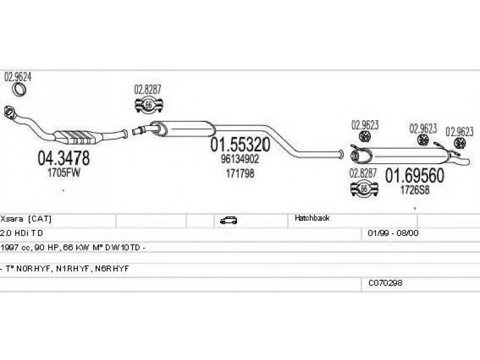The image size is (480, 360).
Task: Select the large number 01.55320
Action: pyautogui.click(x=239, y=145)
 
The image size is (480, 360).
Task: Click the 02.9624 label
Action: pyautogui.click(x=18, y=77)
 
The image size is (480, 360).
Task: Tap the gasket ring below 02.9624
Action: pyautogui.click(x=20, y=90)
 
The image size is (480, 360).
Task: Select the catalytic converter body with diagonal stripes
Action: pyautogui.click(x=76, y=136)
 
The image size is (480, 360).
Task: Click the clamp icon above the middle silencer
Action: pyautogui.click(x=148, y=107)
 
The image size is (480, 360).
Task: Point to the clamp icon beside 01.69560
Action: pyautogui.click(x=363, y=190)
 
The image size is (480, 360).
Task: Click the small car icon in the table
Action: pyautogui.click(x=229, y=220)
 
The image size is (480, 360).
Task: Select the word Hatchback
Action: pyautogui.click(x=312, y=219)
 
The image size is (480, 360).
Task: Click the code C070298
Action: pyautogui.click(x=385, y=283)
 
